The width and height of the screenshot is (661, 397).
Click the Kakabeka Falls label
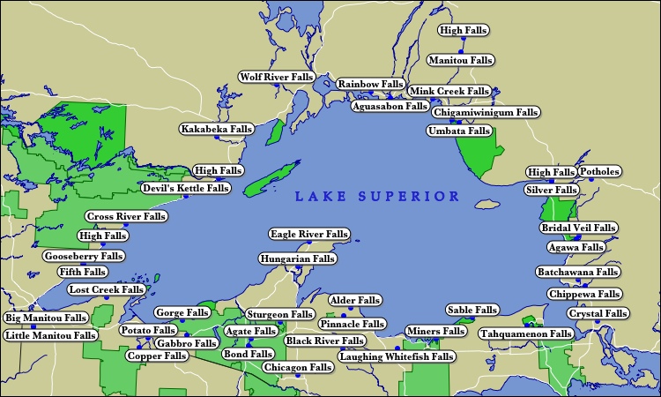pyautogui.click(x=216, y=130)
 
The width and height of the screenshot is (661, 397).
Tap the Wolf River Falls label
pyautogui.click(x=277, y=78)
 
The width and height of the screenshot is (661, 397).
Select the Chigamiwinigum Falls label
pyautogui.click(x=486, y=113)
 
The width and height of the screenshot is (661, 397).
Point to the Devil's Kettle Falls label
pyautogui.click(x=186, y=188)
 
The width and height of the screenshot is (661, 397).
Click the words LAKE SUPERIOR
pyautogui.click(x=377, y=196)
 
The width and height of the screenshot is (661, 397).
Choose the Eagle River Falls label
pyautogui.click(x=309, y=235)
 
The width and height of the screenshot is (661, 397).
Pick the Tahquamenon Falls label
pyautogui.click(x=526, y=334)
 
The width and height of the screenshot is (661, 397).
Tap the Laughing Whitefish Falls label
pyautogui.click(x=397, y=356)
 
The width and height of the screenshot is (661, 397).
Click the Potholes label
pyautogui.click(x=599, y=171)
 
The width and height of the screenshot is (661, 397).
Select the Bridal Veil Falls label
pyautogui.click(x=577, y=228)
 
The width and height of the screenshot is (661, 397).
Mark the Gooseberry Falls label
pyautogui.click(x=84, y=257)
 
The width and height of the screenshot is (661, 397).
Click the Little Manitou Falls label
pyautogui.click(x=50, y=335)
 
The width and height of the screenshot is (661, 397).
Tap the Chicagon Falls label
pyautogui.click(x=297, y=367)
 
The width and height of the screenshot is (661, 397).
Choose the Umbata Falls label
pyautogui.click(x=458, y=131)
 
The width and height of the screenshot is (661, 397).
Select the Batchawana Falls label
pyautogui.click(x=577, y=273)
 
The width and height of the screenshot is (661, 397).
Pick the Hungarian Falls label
pyautogui.click(x=297, y=259)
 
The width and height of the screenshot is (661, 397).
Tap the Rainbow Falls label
pyautogui.click(x=370, y=84)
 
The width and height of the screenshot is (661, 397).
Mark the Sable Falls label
pyautogui.click(x=472, y=310)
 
